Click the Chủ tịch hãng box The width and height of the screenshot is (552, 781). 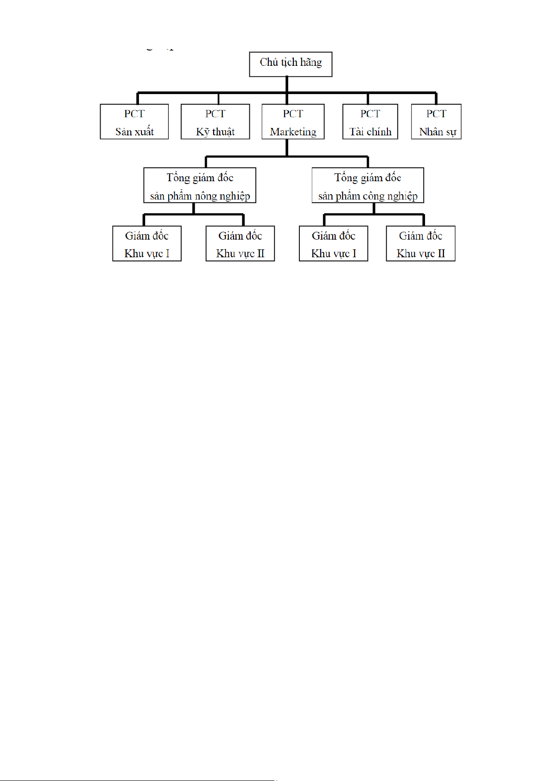[291, 64]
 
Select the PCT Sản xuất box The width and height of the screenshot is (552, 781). [134, 122]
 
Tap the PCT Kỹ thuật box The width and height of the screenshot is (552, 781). [215, 122]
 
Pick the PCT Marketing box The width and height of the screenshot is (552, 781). [293, 122]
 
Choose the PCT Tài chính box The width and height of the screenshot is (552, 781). [370, 122]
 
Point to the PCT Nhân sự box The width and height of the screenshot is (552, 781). [436, 122]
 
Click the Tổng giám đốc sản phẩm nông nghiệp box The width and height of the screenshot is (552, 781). [200, 185]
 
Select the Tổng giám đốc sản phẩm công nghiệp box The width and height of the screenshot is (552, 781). [368, 185]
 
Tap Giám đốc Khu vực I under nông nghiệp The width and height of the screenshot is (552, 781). [147, 243]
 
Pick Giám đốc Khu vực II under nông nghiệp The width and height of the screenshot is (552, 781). [240, 243]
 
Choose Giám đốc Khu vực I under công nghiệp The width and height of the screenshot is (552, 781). [333, 243]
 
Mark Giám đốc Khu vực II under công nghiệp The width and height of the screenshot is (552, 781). [420, 243]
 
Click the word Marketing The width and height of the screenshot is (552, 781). [293, 132]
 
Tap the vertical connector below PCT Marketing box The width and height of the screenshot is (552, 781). [286, 148]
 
